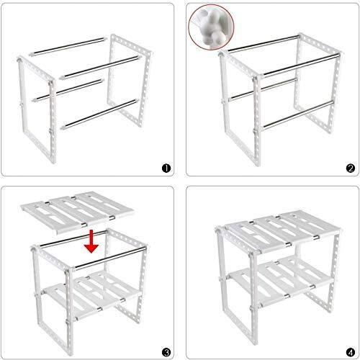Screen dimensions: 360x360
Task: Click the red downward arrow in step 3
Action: pos(91,242)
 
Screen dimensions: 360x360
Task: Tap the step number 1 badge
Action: pos(166,168)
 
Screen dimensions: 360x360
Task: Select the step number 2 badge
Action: pos(351,168)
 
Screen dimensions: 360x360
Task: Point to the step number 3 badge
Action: pos(166,353)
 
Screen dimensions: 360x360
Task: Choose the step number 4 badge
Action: pos(351,353)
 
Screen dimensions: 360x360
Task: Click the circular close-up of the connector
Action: pos(211,27)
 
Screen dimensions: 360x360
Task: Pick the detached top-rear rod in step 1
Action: pos(68,47)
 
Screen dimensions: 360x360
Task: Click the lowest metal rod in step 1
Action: pos(99,114)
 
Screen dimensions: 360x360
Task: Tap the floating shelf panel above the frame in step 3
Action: pos(77,212)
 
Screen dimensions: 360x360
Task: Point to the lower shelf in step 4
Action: pos(281,281)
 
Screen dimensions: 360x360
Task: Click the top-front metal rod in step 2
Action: pos(301,65)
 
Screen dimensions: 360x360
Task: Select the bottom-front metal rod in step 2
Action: pos(298,114)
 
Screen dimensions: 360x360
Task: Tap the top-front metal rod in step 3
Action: pos(109,258)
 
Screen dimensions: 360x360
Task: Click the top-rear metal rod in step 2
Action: pos(264,44)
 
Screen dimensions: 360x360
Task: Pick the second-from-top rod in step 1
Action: pos(99,67)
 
